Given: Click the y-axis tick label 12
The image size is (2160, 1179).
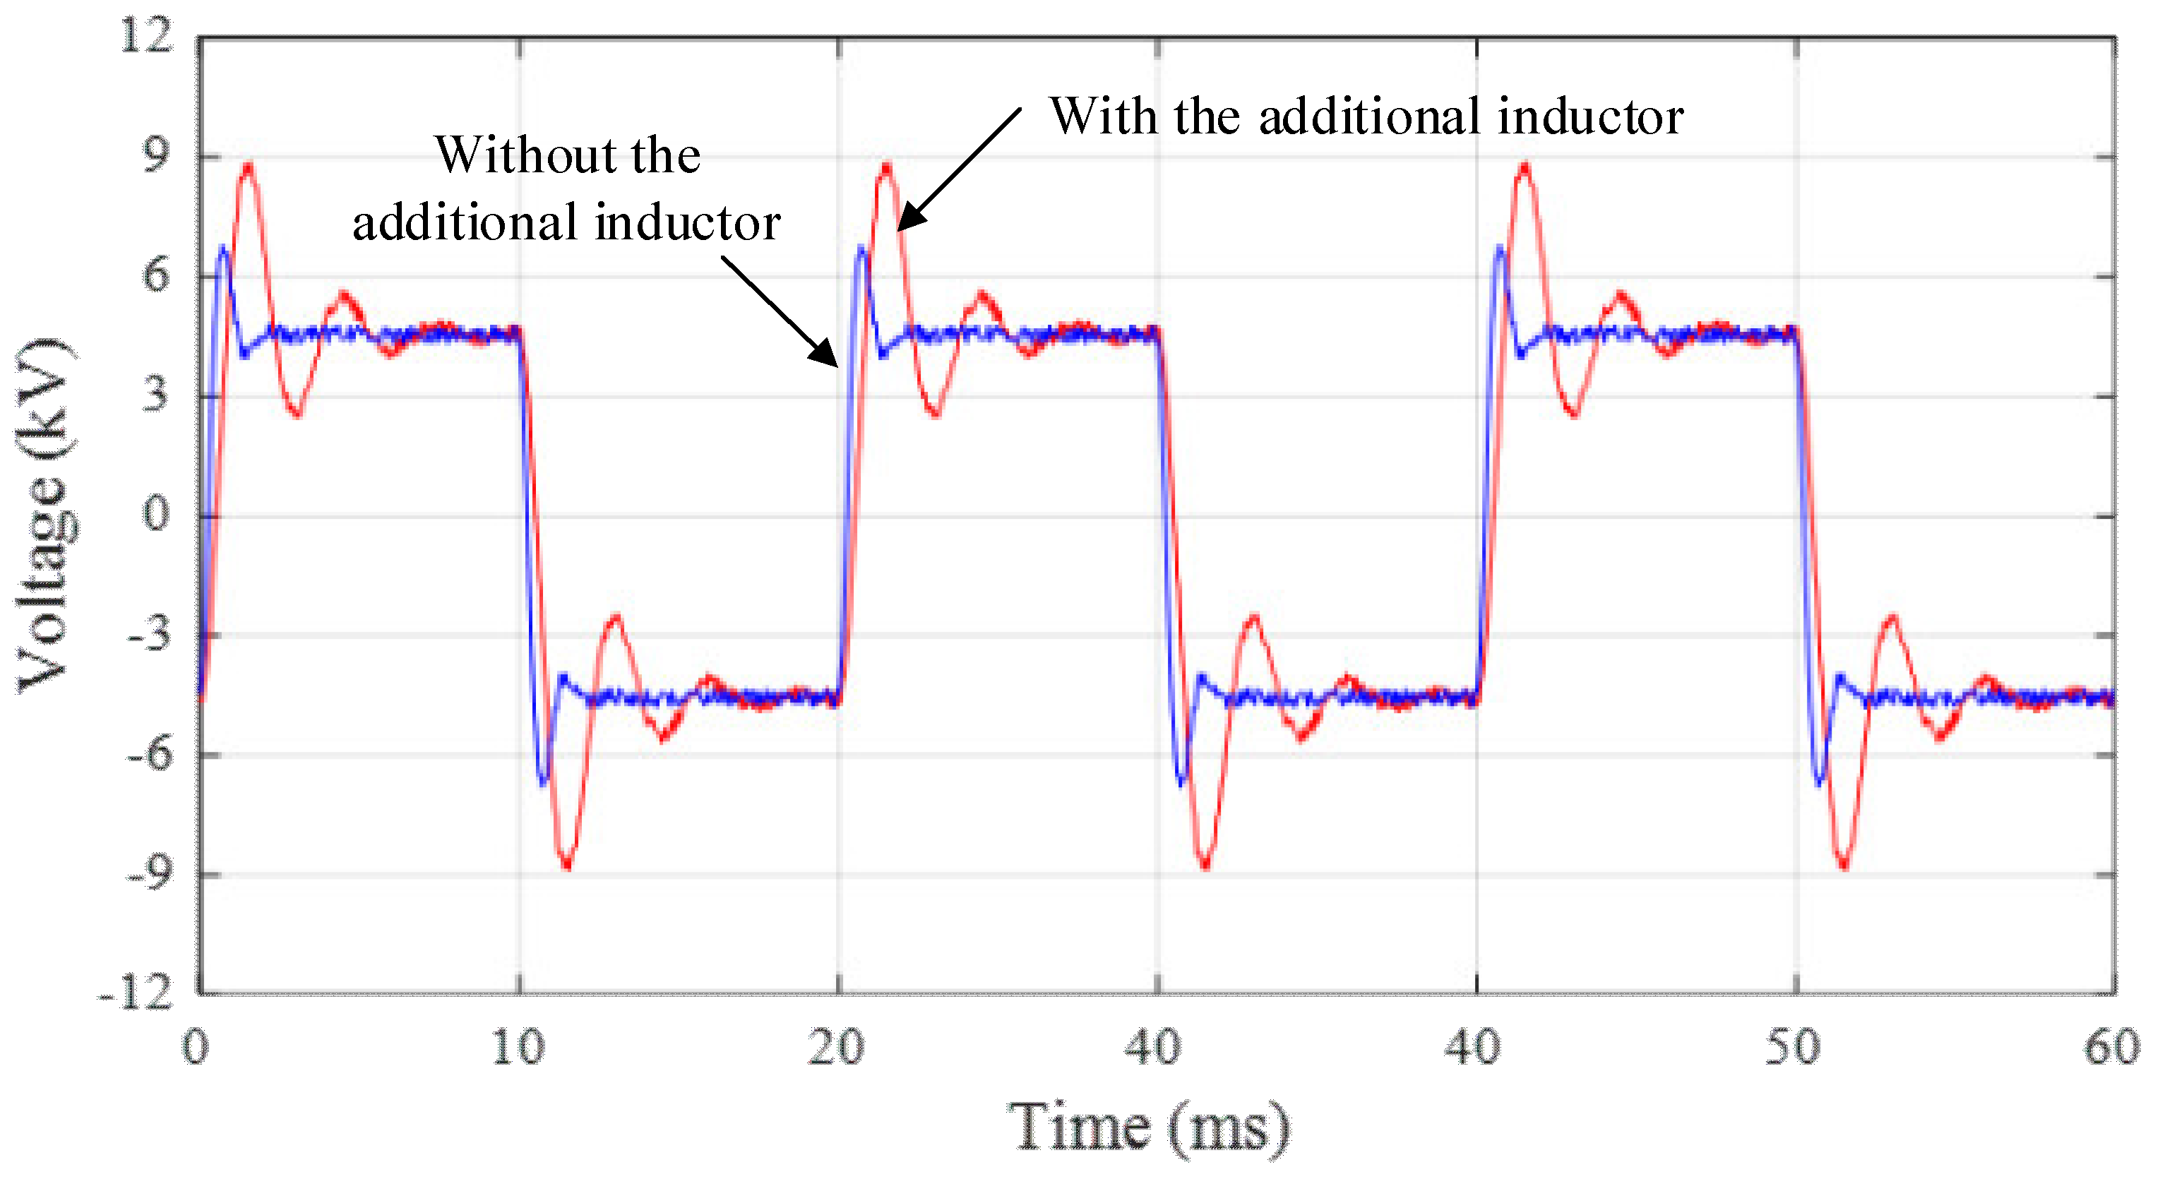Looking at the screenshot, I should tap(147, 36).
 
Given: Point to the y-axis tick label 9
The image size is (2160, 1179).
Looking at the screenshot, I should tap(155, 156).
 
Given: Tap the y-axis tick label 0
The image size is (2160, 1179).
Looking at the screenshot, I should tap(155, 514).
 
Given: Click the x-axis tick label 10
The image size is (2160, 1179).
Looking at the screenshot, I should tap(518, 1048).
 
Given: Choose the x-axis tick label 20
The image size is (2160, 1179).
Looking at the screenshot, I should tap(836, 1048).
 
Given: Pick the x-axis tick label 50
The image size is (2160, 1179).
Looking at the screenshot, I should tap(1793, 1048).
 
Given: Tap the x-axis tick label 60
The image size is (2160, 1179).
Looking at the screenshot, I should tap(2112, 1048).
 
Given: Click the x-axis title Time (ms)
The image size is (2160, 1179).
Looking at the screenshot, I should tap(1149, 1128).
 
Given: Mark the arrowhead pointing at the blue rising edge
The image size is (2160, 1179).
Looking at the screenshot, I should tap(827, 356).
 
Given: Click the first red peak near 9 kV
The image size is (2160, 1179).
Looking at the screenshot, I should tap(247, 166).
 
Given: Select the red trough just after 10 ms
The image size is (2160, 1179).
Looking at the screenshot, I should tap(567, 866).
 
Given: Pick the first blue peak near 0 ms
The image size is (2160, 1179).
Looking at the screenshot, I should tap(222, 247).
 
